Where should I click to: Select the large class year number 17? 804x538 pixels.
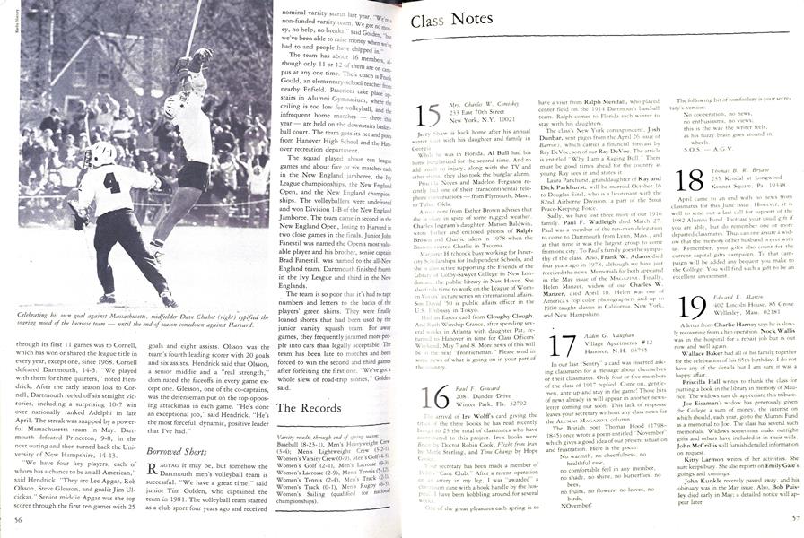pyautogui.click(x=564, y=347)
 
